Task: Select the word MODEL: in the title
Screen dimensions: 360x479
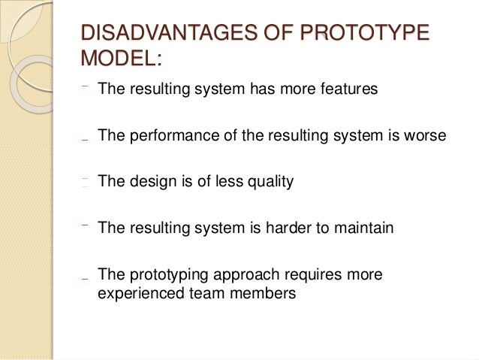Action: (x=120, y=59)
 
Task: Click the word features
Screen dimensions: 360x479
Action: (x=348, y=90)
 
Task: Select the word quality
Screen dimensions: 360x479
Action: (x=269, y=182)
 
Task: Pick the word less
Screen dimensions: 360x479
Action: (x=224, y=182)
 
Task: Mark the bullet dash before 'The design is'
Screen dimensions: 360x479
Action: (x=86, y=181)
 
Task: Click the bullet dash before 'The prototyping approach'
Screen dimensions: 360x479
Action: (x=86, y=278)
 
